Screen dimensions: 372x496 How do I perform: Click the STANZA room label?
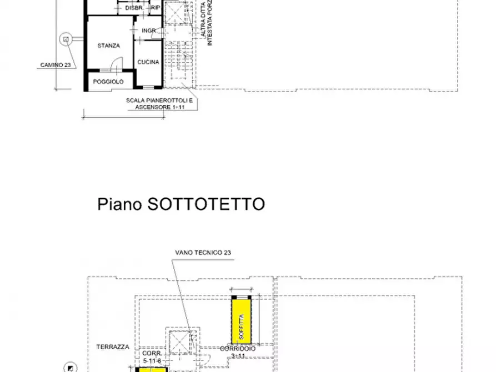pos(108,46)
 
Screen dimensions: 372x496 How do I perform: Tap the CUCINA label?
pos(148,62)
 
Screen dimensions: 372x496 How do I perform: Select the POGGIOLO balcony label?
pos(108,82)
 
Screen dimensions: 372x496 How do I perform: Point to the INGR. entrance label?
pos(149,30)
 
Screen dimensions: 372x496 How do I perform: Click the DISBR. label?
pos(134,8)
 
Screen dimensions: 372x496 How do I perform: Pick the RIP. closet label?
pos(156,8)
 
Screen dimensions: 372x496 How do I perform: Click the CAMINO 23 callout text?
pos(56,65)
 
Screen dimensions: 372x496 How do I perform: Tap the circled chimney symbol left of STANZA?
pos(66,39)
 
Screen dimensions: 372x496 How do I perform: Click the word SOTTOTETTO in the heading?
pos(206,204)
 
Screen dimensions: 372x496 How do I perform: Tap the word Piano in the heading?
pos(120,204)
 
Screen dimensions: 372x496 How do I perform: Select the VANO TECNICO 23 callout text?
pos(203,252)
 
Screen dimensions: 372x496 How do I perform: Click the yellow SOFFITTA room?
pos(242,320)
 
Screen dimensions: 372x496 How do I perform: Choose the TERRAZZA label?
pos(112,346)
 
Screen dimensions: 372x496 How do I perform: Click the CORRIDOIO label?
pos(237,348)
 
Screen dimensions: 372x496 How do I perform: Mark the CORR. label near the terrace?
pos(152,353)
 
